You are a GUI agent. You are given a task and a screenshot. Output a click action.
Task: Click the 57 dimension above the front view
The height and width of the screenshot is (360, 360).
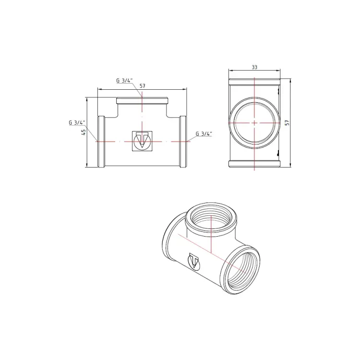point(143,85)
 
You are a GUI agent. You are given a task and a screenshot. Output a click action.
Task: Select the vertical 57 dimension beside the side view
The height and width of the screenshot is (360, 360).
point(287,123)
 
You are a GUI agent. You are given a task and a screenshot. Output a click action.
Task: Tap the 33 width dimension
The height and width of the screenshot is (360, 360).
point(254,68)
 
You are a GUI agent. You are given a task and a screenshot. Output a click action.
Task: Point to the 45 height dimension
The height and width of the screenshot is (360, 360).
point(83,132)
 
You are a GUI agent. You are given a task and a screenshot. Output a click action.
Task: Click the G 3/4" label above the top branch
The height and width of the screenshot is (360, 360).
point(124,81)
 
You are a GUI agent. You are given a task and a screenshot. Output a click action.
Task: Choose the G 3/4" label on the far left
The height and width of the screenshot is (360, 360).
point(76,122)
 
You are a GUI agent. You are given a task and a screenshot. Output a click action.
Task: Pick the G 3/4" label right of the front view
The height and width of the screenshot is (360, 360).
point(204,134)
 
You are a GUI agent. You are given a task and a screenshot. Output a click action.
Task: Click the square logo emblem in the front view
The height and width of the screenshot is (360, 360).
point(142,141)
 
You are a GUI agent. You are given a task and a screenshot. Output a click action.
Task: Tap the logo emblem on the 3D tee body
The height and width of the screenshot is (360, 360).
point(195,262)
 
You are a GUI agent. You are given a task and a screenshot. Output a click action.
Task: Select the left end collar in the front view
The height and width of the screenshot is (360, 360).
point(101,142)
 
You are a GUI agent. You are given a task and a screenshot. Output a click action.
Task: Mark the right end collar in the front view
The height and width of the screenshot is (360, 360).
point(183,142)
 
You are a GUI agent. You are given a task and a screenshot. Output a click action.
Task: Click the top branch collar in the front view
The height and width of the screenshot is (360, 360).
point(142,101)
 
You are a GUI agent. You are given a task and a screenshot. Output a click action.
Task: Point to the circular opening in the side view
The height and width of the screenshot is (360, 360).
point(253,123)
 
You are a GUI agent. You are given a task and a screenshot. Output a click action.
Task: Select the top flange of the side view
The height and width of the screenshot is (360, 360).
point(254,80)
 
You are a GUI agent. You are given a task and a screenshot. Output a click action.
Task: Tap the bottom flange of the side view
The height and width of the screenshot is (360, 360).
point(254,164)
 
